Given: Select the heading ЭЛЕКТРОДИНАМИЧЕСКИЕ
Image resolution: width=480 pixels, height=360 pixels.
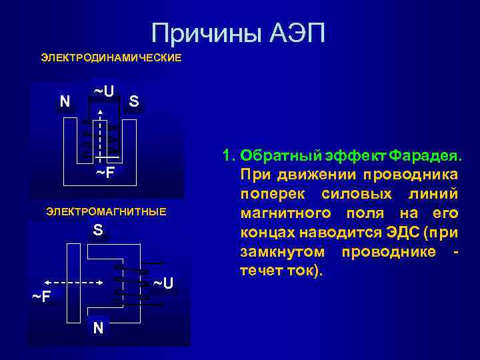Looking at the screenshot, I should [x=111, y=58].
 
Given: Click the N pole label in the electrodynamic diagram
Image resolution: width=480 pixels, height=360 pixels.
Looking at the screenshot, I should [x=64, y=101].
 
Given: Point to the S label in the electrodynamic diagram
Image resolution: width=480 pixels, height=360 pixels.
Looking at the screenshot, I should [x=134, y=101].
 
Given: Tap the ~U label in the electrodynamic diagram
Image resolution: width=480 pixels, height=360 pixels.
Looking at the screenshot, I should [x=103, y=90].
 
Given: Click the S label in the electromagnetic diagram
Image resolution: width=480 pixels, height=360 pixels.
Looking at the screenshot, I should [x=98, y=231].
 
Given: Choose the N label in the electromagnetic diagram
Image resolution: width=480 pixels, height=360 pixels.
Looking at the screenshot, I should [x=98, y=327].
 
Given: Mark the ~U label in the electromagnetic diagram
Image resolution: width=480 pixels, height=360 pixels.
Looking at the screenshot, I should [x=163, y=283].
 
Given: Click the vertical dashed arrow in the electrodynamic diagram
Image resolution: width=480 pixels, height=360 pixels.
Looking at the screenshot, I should [x=101, y=133].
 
